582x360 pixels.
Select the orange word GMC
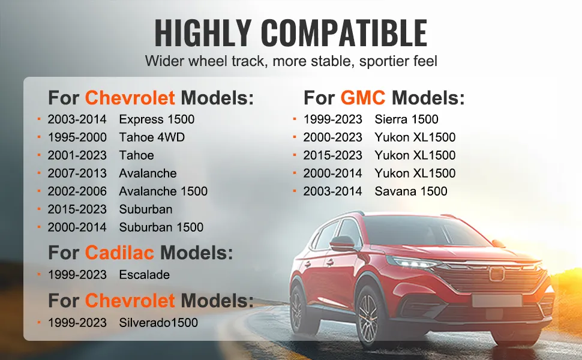pyautogui.click(x=362, y=98)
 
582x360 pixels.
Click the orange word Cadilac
pyautogui.click(x=119, y=253)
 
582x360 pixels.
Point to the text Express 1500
pyautogui.click(x=157, y=119)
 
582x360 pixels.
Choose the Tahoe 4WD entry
pyautogui.click(x=152, y=137)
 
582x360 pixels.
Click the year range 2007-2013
pyautogui.click(x=77, y=173)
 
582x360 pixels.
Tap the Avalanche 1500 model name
pyautogui.click(x=163, y=191)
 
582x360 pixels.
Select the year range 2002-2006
pyautogui.click(x=77, y=191)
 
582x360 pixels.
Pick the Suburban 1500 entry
pyautogui.click(x=161, y=227)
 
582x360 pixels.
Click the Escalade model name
pyautogui.click(x=145, y=275)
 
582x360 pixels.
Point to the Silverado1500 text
pyautogui.click(x=158, y=323)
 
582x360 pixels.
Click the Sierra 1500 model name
pyautogui.click(x=406, y=119)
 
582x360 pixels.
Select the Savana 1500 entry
pyautogui.click(x=411, y=191)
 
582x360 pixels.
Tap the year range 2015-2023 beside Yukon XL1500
pyautogui.click(x=332, y=155)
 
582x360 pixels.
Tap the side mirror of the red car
pyautogui.click(x=342, y=244)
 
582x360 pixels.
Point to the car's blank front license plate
pyautogui.click(x=497, y=301)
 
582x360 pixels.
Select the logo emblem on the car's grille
pyautogui.click(x=497, y=274)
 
